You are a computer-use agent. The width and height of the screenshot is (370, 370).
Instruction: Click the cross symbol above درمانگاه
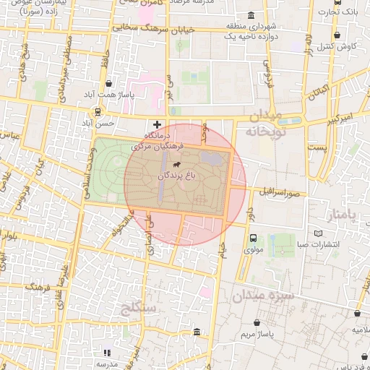point(158,124)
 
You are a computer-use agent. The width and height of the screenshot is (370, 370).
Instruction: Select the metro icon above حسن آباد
point(97,112)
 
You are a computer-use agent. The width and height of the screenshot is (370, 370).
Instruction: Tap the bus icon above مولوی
point(253,238)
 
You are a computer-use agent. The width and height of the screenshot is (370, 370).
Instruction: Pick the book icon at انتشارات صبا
point(319,233)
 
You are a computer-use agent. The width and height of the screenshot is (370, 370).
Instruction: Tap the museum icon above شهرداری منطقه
point(251,15)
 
